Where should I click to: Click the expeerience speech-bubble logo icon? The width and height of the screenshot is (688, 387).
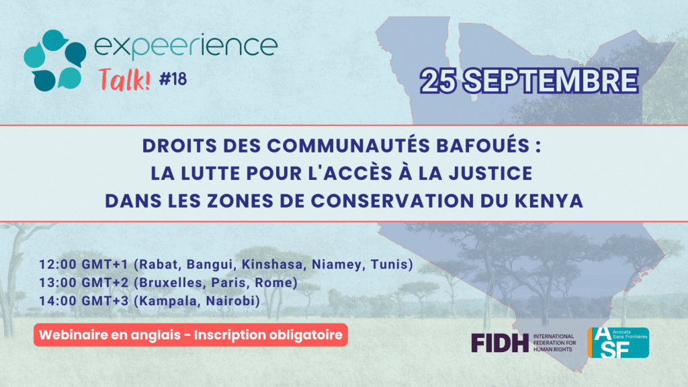pos(55,60)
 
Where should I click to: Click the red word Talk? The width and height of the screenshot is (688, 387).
pos(124,79)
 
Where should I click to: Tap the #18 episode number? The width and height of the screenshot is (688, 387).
pos(173,79)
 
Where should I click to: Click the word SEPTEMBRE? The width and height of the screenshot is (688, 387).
pos(551,81)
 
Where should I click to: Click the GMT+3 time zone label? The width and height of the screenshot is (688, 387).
pos(105,300)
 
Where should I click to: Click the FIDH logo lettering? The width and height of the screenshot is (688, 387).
pos(500,343)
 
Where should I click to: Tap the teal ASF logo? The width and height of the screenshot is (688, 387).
pos(618,343)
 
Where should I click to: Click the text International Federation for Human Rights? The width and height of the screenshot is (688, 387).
pos(554,343)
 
